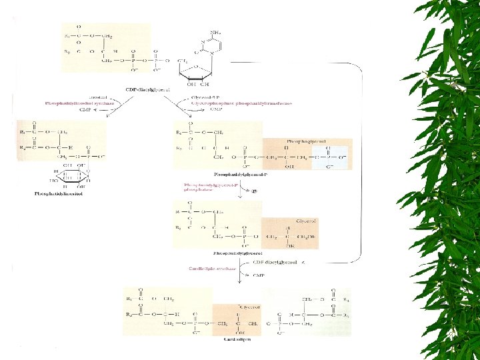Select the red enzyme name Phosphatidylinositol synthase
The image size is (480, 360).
point(79,104)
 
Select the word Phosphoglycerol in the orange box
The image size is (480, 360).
point(301,141)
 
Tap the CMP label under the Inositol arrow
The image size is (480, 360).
point(84,111)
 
